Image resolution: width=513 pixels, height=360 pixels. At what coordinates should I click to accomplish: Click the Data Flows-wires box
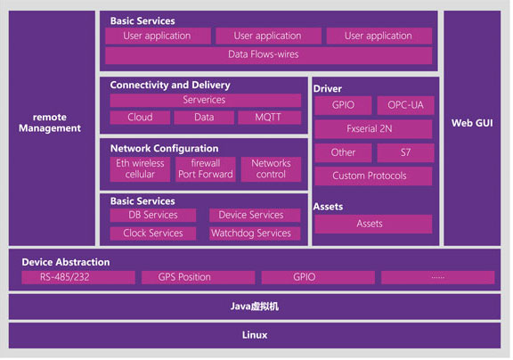[268, 54]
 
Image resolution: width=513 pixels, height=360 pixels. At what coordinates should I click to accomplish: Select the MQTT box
[269, 117]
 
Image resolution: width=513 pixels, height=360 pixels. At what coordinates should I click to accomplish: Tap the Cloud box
[140, 117]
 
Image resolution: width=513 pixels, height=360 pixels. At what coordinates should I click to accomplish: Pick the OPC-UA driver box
[405, 105]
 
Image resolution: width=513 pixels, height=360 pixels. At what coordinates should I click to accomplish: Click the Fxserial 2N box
[373, 128]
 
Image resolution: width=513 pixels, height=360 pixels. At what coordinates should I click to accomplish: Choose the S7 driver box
[405, 152]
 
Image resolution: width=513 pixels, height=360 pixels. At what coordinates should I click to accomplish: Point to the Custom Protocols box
[373, 176]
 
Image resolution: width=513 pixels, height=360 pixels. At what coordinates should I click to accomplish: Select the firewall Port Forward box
[206, 169]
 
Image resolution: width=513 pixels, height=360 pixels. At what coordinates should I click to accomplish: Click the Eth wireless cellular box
[140, 169]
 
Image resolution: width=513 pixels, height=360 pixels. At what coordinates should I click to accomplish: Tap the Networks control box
[271, 169]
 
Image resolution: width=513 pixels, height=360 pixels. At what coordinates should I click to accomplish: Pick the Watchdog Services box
[255, 233]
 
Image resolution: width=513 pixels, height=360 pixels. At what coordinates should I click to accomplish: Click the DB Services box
[153, 215]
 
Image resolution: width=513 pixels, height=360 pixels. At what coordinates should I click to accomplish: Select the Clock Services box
[153, 233]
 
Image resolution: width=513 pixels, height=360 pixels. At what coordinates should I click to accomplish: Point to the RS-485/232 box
[78, 277]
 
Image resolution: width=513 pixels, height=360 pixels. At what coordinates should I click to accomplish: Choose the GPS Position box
[198, 277]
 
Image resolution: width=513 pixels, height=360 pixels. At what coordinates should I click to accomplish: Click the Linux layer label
[255, 335]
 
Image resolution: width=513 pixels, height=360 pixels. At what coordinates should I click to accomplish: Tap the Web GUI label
[472, 123]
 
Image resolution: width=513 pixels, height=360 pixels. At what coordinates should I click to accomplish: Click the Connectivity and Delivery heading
[170, 85]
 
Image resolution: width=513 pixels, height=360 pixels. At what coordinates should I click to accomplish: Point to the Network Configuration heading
[164, 149]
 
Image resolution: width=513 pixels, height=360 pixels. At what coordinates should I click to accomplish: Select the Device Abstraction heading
[66, 262]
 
